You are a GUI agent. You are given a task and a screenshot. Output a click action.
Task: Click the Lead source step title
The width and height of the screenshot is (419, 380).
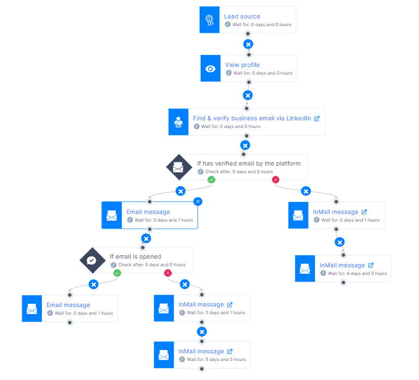(x=242, y=16)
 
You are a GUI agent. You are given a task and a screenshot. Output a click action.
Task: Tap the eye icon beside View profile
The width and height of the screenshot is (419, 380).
(x=210, y=69)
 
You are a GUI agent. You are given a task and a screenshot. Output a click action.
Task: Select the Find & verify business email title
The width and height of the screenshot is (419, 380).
(x=252, y=119)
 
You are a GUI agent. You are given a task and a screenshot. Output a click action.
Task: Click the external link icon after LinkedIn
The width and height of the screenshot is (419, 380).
(x=317, y=119)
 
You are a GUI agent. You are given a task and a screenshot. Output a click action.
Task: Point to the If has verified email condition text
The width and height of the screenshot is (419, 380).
(x=249, y=163)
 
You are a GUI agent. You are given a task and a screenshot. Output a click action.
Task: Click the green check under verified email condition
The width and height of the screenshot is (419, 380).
(x=211, y=180)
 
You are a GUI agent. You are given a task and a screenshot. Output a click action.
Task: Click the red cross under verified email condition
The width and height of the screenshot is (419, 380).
(x=275, y=180)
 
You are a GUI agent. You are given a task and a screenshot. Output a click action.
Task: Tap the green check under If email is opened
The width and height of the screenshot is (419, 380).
(x=117, y=273)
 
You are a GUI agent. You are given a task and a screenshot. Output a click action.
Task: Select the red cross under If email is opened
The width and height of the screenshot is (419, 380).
(x=168, y=273)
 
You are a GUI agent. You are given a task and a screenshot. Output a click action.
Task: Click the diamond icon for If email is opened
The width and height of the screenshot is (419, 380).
(x=93, y=260)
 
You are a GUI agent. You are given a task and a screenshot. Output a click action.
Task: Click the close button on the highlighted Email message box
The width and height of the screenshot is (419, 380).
(x=198, y=201)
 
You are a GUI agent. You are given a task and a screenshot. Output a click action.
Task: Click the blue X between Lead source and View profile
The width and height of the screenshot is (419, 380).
(x=248, y=44)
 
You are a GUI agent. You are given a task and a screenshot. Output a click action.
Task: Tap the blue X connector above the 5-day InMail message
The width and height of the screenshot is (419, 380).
(x=202, y=332)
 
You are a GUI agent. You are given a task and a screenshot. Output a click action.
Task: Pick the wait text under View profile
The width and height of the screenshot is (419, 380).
(x=263, y=73)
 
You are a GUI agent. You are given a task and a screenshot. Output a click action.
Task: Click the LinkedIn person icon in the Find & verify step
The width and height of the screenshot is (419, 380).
(x=178, y=122)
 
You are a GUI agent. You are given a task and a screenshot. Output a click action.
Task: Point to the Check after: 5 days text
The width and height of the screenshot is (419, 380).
(x=152, y=265)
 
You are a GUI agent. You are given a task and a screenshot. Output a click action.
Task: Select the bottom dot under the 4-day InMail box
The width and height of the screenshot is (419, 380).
(x=343, y=283)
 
